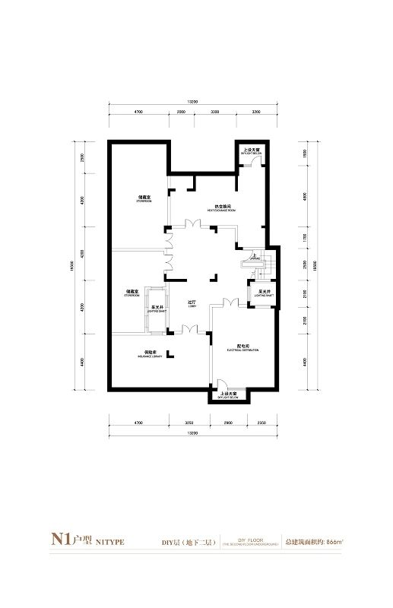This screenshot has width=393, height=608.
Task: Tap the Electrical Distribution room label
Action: pyautogui.click(x=242, y=349)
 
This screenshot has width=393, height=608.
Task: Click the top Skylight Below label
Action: pyautogui.click(x=251, y=152)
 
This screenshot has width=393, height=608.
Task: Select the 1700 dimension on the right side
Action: pyautogui.click(x=304, y=237)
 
